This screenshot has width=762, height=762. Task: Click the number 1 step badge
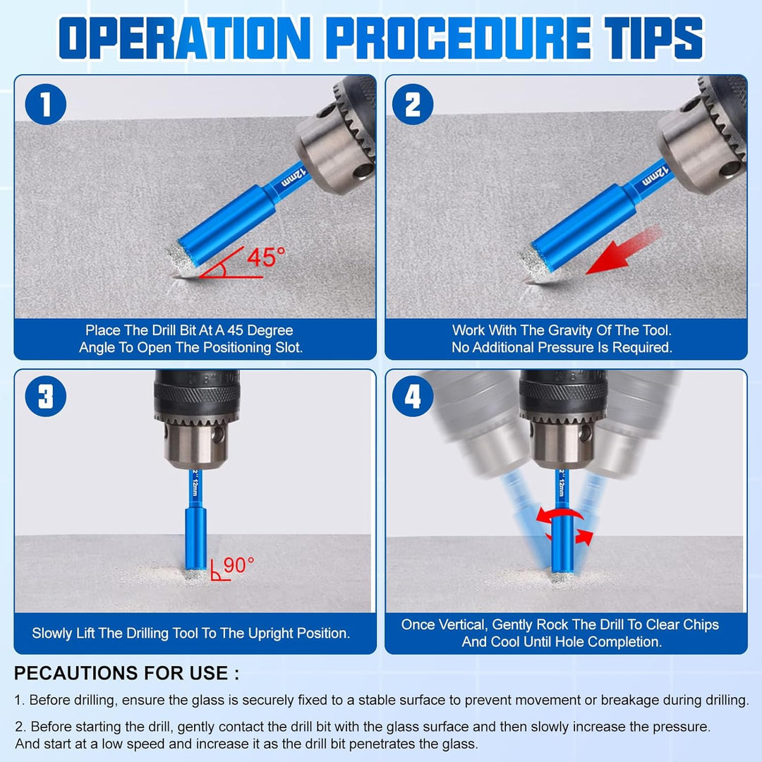[x=46, y=104]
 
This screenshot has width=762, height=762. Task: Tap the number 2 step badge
[x=413, y=104]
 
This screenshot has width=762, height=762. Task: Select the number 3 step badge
[x=46, y=396]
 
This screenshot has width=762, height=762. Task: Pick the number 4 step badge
[x=413, y=396]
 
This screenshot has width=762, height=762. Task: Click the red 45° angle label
[x=266, y=257]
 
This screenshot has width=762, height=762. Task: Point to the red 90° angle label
[x=238, y=565]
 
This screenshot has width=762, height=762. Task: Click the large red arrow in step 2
[x=624, y=250]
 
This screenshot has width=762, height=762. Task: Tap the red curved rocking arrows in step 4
[x=564, y=525]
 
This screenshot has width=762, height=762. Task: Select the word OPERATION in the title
[x=185, y=38]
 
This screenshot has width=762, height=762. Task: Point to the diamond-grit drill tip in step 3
[x=196, y=574]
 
